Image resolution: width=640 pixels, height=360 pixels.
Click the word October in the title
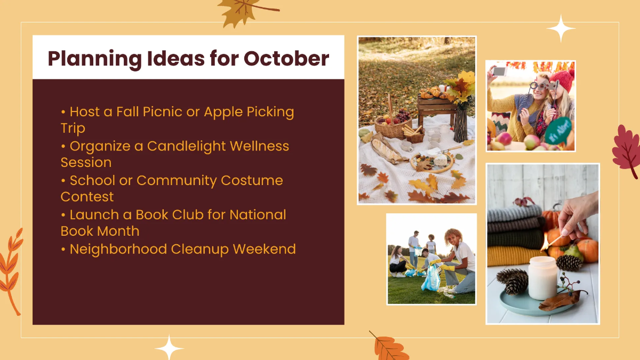click(x=286, y=58)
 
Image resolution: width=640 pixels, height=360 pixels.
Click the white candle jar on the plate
click(x=543, y=277)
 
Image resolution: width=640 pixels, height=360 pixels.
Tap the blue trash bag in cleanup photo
click(x=431, y=278)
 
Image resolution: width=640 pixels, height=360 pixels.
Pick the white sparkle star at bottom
click(x=170, y=348)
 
